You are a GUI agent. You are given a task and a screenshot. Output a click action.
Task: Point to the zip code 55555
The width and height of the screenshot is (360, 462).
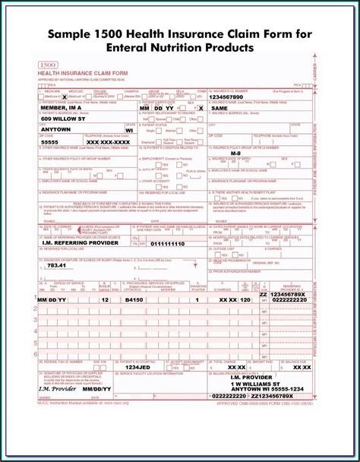pyautogui.click(x=49, y=141)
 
